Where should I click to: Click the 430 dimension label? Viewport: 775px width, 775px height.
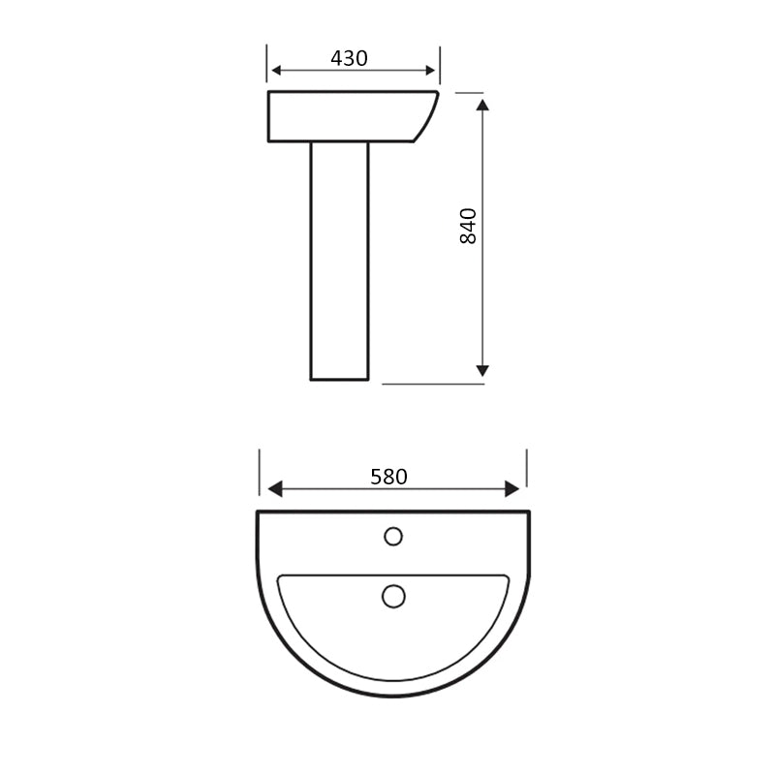[349, 58]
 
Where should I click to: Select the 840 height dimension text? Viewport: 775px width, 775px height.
[469, 225]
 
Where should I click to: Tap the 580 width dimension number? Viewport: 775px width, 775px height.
[388, 477]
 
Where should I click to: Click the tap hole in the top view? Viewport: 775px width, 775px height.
[393, 536]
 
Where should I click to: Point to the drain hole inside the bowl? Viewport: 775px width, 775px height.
[393, 596]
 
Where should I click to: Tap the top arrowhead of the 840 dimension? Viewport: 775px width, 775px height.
[483, 102]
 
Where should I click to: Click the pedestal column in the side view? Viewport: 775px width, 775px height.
[339, 262]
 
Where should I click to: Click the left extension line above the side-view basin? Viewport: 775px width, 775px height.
[267, 64]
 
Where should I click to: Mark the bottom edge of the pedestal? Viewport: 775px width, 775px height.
[339, 380]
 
